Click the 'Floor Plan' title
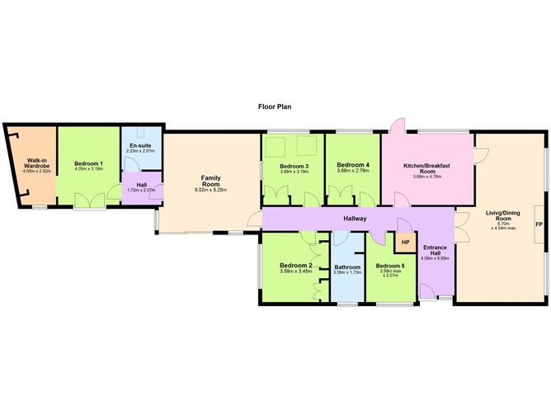click(x=275, y=106)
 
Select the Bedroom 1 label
click(x=88, y=163)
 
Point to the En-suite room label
click(x=141, y=145)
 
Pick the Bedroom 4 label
click(x=353, y=165)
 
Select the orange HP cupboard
click(x=405, y=243)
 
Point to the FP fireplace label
click(x=539, y=224)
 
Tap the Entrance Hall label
click(x=435, y=252)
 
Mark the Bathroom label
click(x=348, y=267)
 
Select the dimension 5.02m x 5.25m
click(x=210, y=190)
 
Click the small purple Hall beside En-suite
click(x=141, y=186)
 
